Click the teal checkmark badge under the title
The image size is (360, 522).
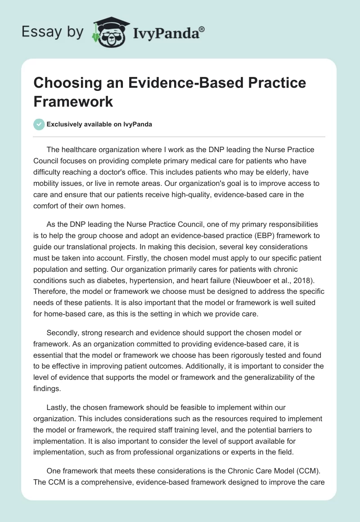(39, 124)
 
